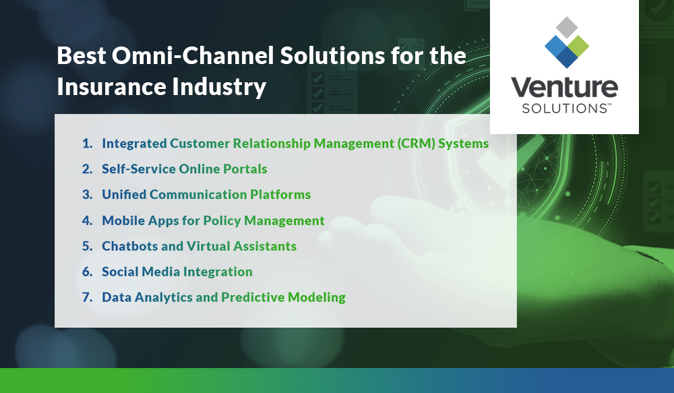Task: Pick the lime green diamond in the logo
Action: [x=578, y=44]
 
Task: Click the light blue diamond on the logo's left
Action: [x=554, y=44]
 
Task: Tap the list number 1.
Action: [x=86, y=144]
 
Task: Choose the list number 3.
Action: [x=86, y=195]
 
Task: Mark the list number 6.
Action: [x=86, y=272]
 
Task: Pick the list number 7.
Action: [x=86, y=297]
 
